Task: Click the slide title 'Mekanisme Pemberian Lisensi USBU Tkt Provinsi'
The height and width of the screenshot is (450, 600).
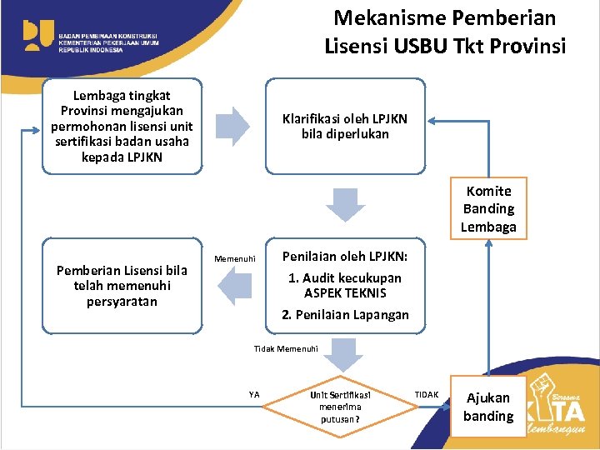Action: click(444, 32)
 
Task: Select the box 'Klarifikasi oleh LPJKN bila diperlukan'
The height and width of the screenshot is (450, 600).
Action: click(345, 127)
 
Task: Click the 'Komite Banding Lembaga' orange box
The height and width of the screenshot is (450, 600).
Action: click(488, 209)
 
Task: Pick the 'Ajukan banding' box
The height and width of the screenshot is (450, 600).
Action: click(488, 407)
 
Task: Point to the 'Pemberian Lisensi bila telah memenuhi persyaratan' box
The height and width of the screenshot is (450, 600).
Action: click(122, 286)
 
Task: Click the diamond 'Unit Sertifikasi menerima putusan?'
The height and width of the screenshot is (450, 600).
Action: click(340, 407)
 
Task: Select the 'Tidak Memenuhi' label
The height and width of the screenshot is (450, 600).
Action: click(286, 347)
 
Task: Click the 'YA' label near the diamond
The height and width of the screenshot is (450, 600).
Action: click(254, 394)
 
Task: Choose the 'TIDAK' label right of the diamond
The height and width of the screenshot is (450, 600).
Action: click(426, 394)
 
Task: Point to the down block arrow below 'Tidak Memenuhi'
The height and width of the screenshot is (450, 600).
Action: click(340, 356)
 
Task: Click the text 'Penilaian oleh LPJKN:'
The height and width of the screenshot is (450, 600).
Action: click(344, 257)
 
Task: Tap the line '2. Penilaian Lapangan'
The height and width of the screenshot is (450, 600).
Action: click(345, 314)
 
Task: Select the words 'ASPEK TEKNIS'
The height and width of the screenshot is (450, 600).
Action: click(345, 292)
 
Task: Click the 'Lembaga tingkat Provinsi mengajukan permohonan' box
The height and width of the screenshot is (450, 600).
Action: click(122, 127)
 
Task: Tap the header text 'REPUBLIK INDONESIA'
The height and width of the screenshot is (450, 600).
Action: click(90, 50)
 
